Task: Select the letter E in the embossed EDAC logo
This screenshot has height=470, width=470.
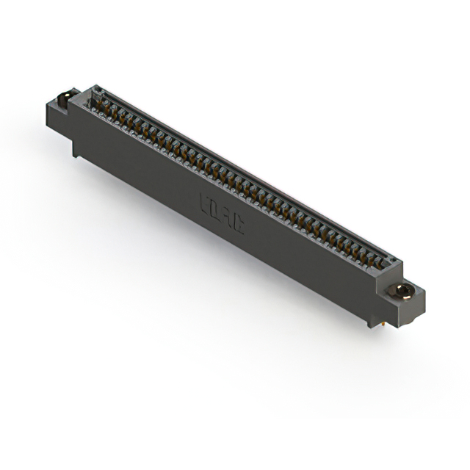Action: point(206,202)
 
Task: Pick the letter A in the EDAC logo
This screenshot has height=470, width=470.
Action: point(227,216)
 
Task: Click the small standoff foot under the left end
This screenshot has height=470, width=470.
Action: point(76,151)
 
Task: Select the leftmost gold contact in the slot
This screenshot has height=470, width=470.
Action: point(95,103)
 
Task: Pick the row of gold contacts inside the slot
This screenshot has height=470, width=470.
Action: point(235,180)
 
